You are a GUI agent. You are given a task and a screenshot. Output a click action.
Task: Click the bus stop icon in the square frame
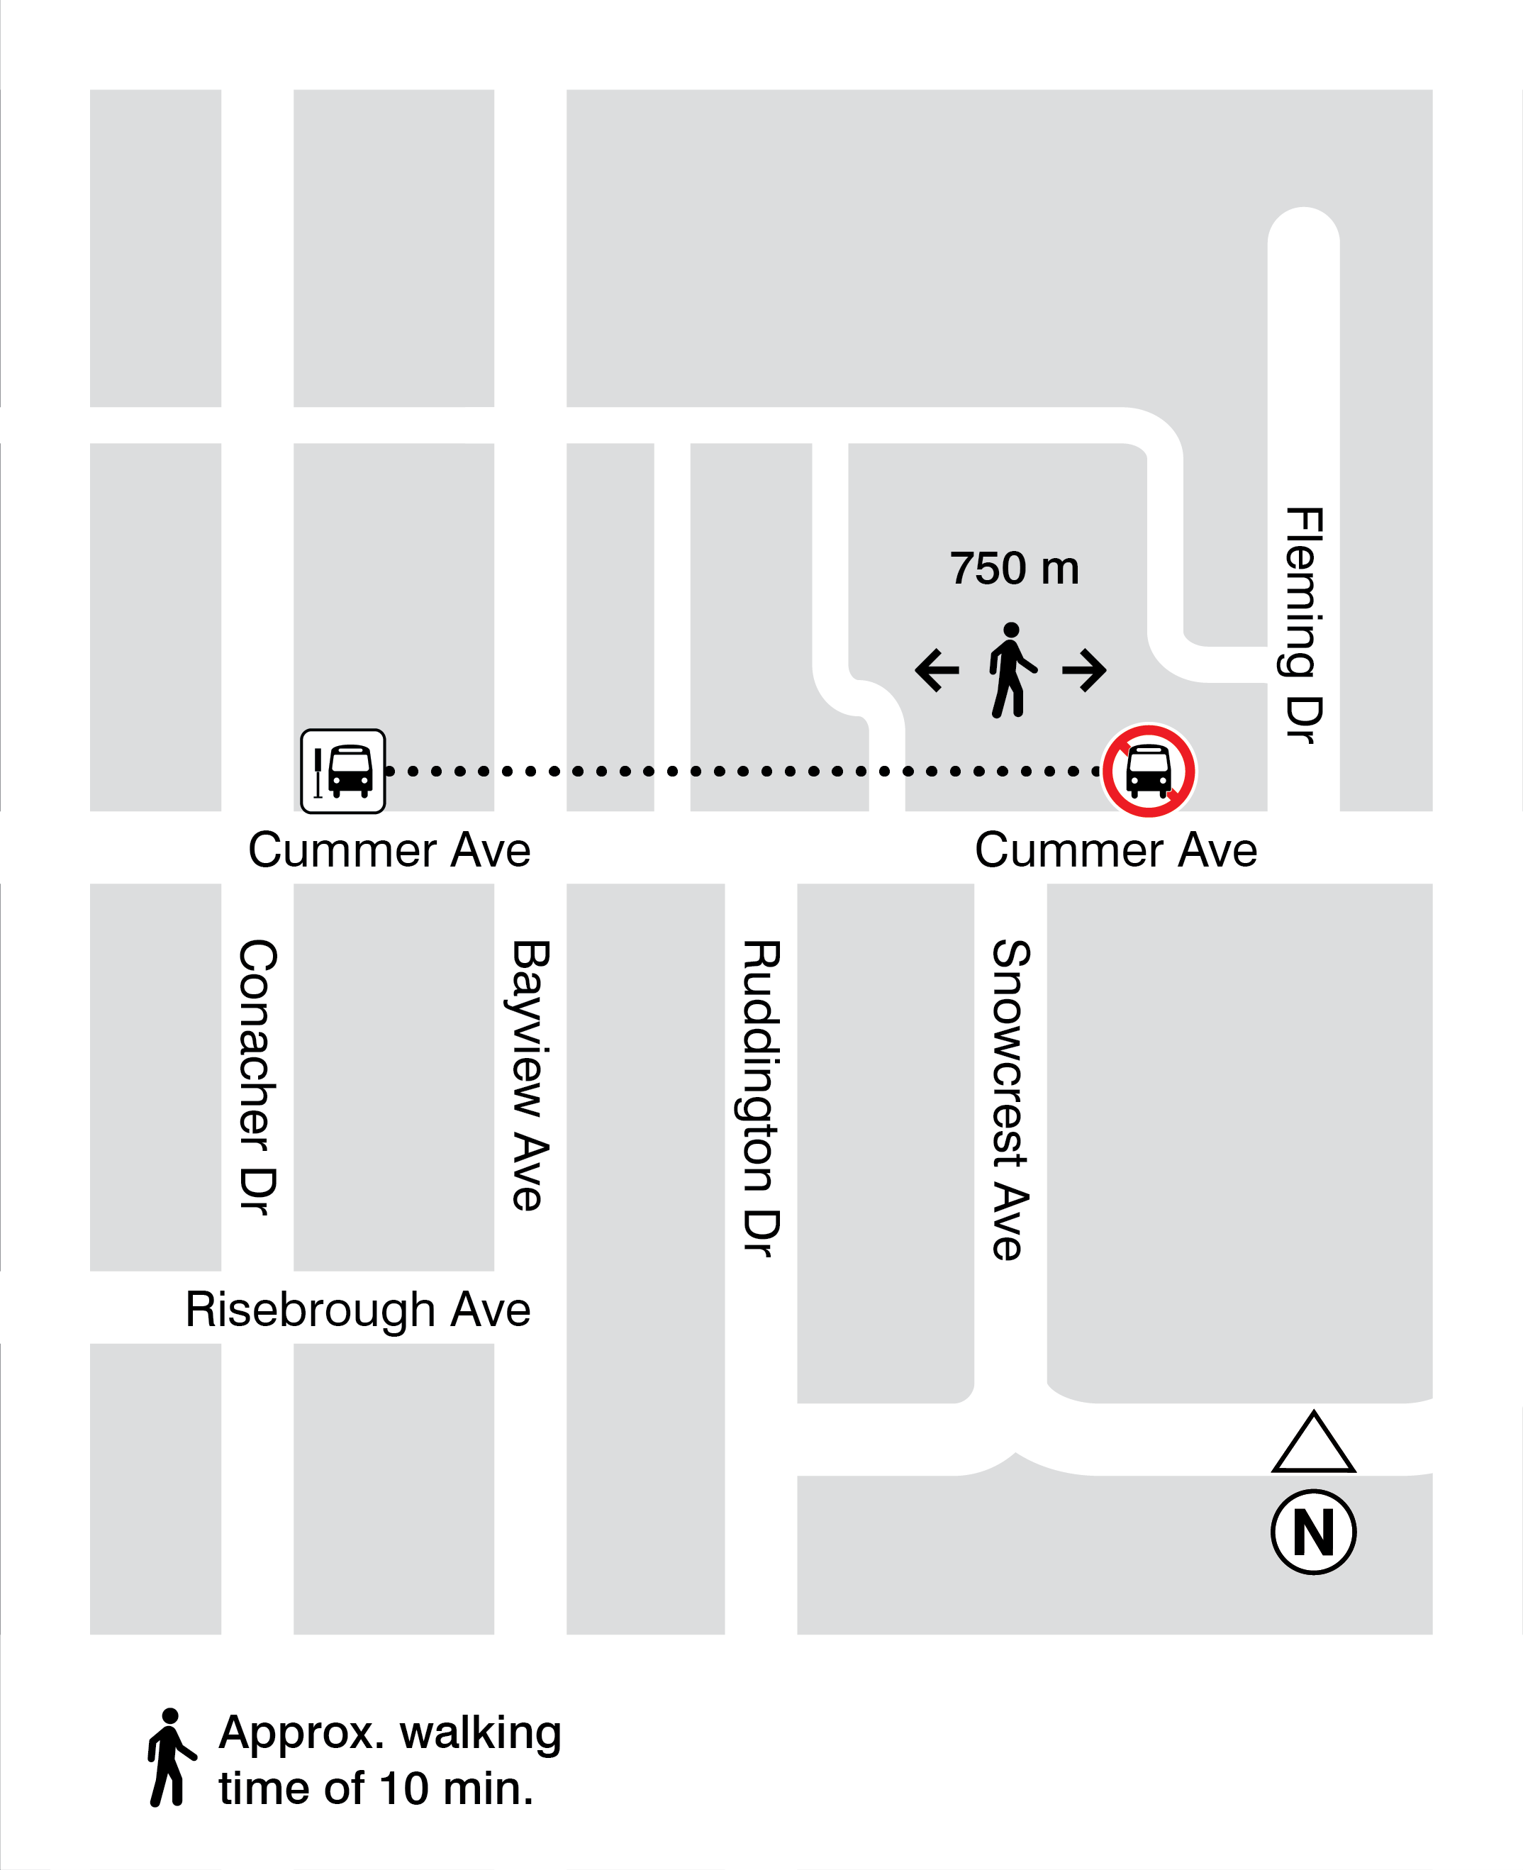342,772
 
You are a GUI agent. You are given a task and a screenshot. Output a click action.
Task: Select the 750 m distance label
1014,569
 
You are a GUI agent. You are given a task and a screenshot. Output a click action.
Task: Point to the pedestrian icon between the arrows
1012,670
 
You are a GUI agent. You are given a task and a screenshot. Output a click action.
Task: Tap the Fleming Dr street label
1304,625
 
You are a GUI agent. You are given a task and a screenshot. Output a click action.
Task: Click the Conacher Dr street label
258,1078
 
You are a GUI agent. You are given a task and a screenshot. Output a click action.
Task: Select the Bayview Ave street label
531,1076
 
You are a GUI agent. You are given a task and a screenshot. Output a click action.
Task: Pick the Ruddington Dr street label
761,1098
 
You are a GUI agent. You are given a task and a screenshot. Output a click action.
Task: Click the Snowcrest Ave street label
1010,1101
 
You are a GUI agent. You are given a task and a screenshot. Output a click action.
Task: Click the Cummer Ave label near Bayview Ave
389,850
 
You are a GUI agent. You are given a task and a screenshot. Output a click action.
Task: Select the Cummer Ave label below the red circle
1116,850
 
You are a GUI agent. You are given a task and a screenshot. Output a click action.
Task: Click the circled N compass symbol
1313,1533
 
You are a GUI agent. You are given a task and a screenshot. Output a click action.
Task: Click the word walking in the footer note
480,1733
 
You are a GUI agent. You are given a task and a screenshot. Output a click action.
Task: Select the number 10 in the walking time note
403,1788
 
